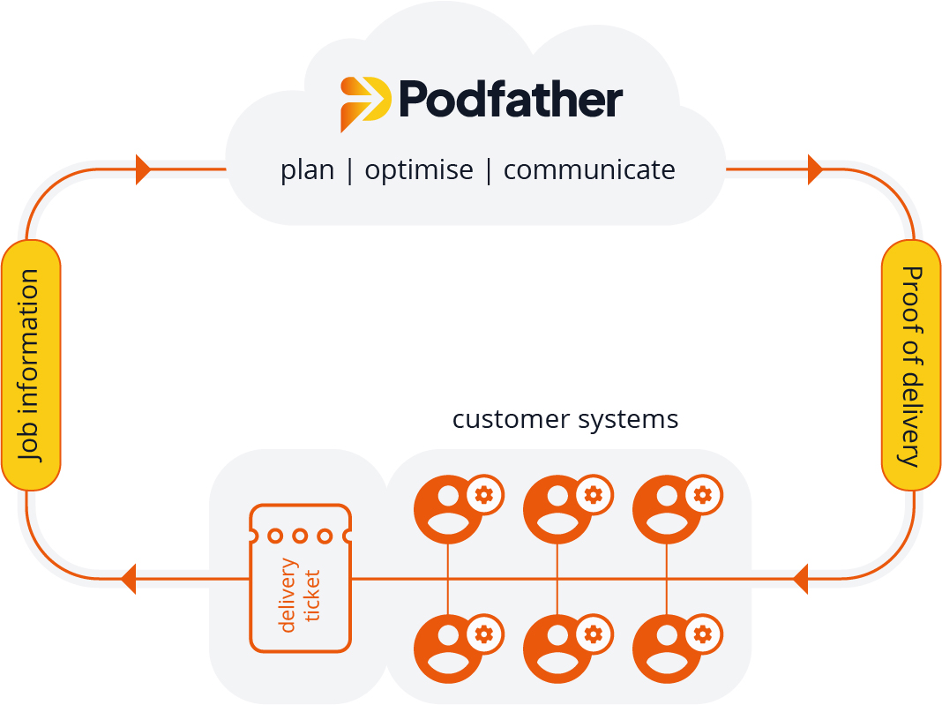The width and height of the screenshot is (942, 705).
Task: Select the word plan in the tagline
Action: tap(307, 170)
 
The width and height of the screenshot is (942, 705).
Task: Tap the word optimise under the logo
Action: tap(419, 170)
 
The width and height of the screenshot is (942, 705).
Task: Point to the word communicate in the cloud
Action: tap(588, 169)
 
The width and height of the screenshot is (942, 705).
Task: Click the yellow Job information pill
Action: tap(31, 364)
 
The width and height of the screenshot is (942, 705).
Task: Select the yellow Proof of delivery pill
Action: tap(910, 364)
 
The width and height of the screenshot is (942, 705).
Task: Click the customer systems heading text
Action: tap(565, 418)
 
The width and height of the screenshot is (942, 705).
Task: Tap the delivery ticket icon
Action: tap(300, 579)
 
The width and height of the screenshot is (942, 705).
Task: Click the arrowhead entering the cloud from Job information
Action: tap(143, 169)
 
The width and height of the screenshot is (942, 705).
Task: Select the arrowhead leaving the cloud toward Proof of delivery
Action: tap(815, 169)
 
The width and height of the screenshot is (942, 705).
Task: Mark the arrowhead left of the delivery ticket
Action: tap(128, 579)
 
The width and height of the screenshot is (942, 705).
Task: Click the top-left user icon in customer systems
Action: tap(448, 510)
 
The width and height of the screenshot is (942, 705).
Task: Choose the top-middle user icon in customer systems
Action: tap(557, 510)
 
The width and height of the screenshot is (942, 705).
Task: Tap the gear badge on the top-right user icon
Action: tap(703, 494)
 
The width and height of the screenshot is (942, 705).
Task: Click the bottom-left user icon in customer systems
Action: tap(448, 649)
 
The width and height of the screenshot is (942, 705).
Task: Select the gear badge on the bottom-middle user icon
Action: tap(594, 633)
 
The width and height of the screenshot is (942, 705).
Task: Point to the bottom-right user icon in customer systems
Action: tap(667, 649)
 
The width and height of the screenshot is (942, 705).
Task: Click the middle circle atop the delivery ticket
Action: tap(300, 536)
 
